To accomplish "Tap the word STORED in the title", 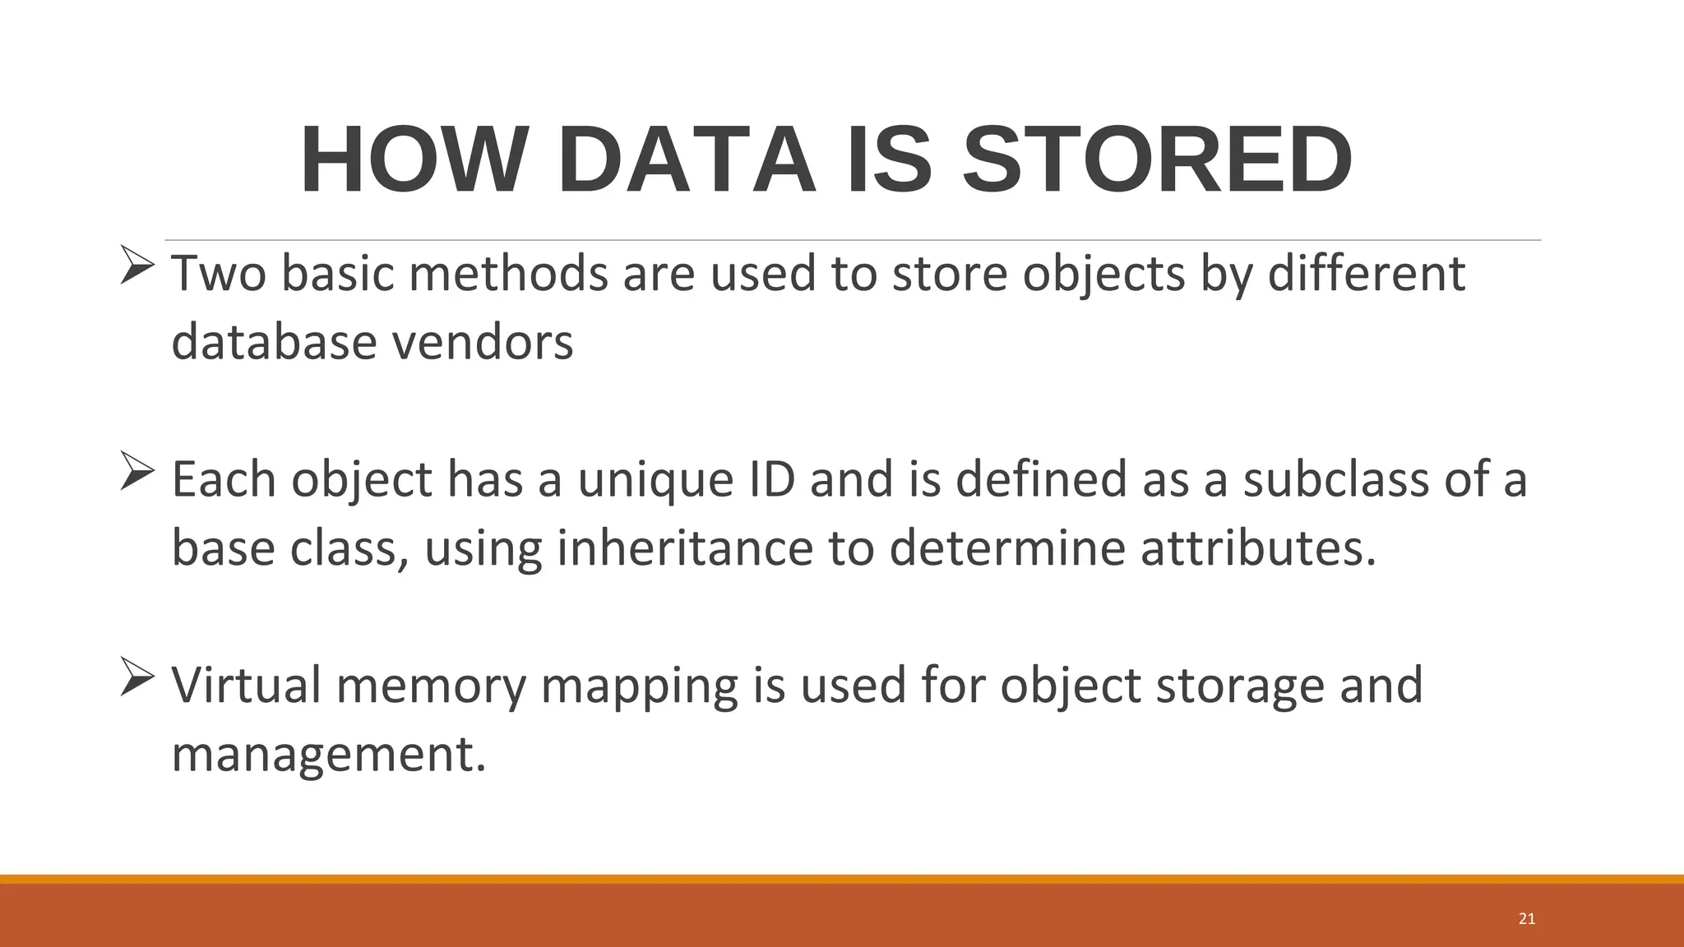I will coord(1157,160).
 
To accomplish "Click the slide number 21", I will coord(1527,919).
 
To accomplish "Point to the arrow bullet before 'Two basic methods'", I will coord(136,265).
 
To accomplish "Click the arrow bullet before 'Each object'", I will coord(136,471).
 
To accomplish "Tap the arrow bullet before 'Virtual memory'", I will coord(136,677).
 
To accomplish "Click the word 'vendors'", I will coord(483,342).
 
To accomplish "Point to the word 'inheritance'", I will coord(685,548).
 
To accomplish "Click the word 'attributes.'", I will coord(1258,548).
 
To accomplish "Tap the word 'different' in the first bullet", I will coord(1367,273).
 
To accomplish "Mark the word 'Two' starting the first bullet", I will coord(219,273).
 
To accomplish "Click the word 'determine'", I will coord(1007,548).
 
